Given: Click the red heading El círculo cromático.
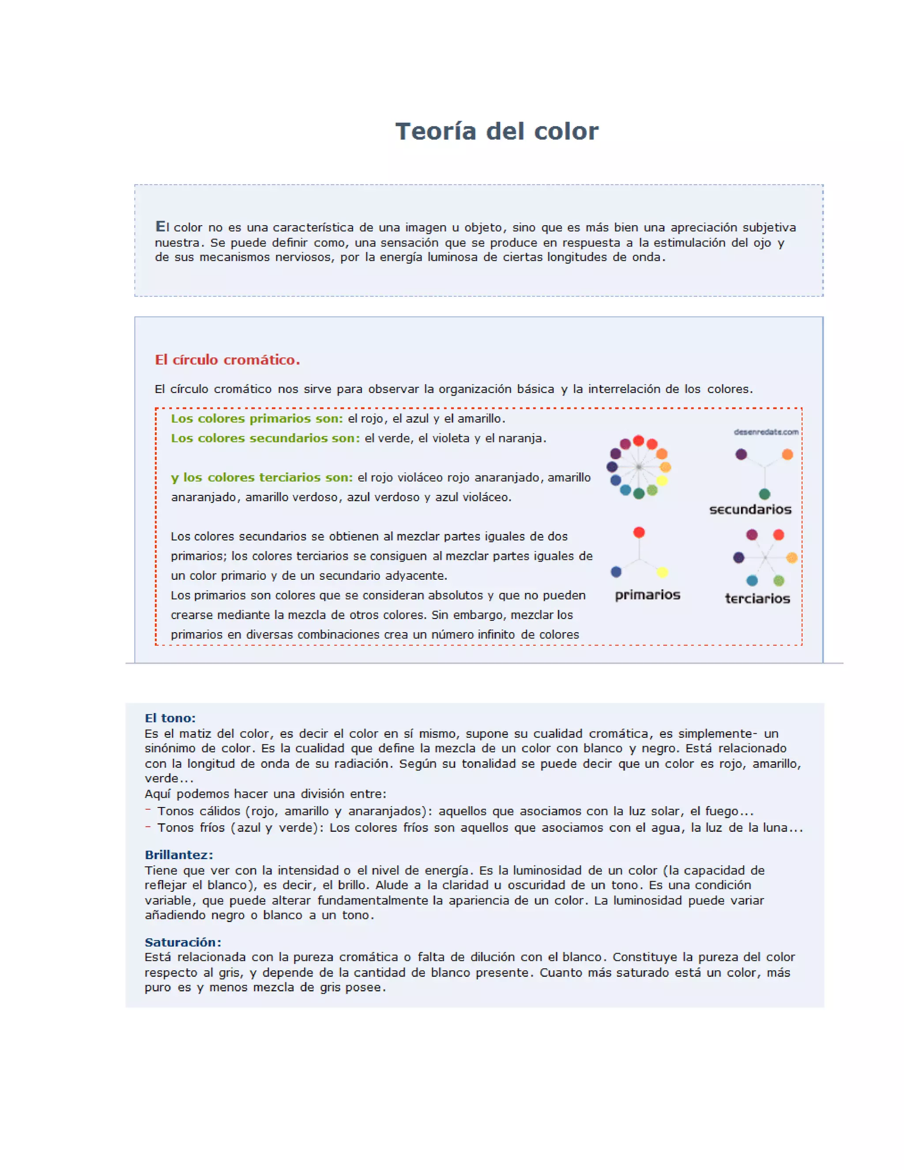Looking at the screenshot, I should pos(227,359).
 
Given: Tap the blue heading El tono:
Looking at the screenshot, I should pos(170,718).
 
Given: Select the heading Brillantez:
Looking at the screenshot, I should pos(179,854).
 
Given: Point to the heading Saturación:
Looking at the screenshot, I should pos(183,942).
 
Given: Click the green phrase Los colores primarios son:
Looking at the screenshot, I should pos(256,419).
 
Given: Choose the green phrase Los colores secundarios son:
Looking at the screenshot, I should pos(265,438).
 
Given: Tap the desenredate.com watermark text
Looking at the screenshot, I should pos(766,432).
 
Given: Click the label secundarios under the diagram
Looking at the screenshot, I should pos(750,510).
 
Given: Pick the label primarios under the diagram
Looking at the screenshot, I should pos(647,595).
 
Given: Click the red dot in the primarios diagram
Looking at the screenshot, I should pos(639,532).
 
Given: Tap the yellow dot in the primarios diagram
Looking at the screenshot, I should pos(663,572).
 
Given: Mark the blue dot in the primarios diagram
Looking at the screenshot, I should pos(616,572).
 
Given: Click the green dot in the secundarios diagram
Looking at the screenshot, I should pos(764,494).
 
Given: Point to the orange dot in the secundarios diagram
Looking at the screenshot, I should pos(787,454).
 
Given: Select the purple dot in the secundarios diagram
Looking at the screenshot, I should pos(741,454).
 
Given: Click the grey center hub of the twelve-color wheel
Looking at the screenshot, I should pos(638,467).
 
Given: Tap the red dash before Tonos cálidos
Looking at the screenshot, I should pos(148,810).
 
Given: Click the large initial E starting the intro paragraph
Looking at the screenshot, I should pos(160,226).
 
